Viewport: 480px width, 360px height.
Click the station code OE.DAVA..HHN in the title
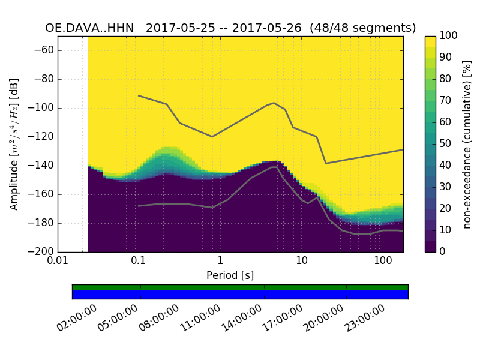pos(91,28)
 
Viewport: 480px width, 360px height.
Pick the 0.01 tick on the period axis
pos(58,261)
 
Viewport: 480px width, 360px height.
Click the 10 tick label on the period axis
pos(302,261)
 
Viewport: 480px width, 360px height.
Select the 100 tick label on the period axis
pos(383,261)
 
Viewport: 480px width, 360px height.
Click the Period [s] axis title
pos(230,275)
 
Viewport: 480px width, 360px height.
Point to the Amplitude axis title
pos(14,144)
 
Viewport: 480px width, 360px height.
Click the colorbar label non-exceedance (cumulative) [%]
pos(467,144)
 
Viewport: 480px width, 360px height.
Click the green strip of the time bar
pos(240,287)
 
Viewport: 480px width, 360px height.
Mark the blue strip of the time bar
pos(240,295)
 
